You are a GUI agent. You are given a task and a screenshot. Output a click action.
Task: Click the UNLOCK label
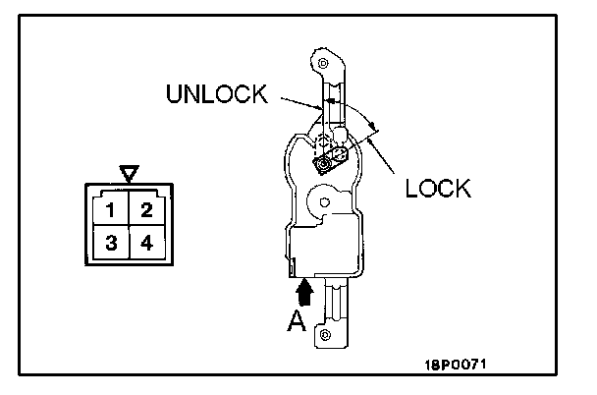pyautogui.click(x=217, y=94)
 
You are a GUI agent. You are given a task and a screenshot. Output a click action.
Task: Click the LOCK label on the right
pyautogui.click(x=438, y=186)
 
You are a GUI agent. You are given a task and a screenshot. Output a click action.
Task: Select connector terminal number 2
pyautogui.click(x=145, y=209)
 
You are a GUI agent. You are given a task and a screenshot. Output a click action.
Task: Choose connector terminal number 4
pyautogui.click(x=145, y=242)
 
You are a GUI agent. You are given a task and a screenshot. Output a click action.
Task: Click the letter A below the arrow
pyautogui.click(x=294, y=319)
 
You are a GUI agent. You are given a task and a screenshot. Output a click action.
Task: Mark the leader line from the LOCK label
pyautogui.click(x=389, y=159)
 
